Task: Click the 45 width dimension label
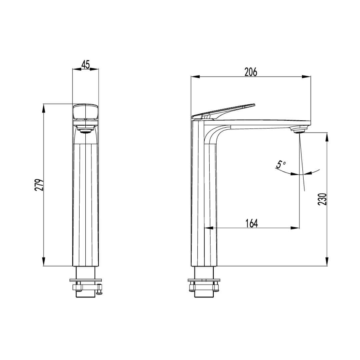85,65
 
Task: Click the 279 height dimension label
39,185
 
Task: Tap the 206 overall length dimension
251,72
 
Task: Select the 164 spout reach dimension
252,223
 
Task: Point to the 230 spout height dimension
322,199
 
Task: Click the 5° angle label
281,164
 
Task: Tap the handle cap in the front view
85,112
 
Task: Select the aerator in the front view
85,131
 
